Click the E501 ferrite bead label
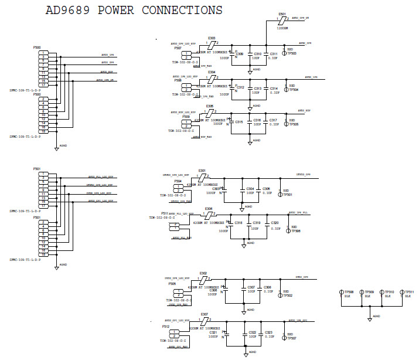[x=282, y=13]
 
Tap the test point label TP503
[x=292, y=53]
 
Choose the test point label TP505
[x=294, y=124]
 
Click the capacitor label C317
[x=273, y=120]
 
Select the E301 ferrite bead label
[x=203, y=170]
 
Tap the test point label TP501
[x=288, y=194]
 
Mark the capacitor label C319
[x=256, y=223]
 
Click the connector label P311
[x=165, y=213]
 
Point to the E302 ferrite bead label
[x=203, y=273]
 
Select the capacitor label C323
[x=269, y=332]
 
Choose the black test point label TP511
[x=409, y=291]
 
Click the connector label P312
[x=167, y=327]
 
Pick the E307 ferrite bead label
[x=205, y=314]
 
